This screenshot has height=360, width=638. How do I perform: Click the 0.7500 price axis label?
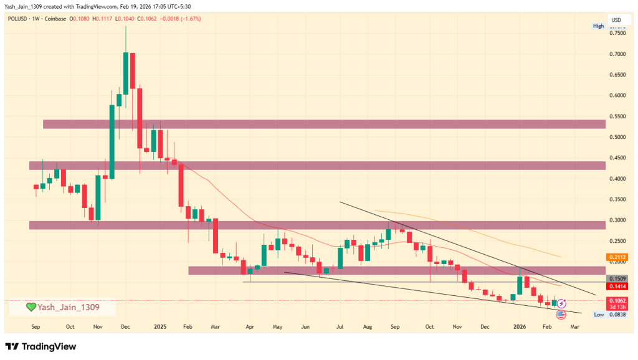(x=617, y=34)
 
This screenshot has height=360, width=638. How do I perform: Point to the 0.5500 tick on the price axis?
(x=617, y=116)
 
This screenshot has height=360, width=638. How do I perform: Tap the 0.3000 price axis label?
(x=617, y=220)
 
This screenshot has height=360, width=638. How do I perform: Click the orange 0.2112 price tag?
(x=617, y=257)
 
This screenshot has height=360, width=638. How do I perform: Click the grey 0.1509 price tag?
(x=617, y=278)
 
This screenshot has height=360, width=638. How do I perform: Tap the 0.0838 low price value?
(x=617, y=315)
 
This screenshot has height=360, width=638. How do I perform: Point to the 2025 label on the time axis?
(x=160, y=326)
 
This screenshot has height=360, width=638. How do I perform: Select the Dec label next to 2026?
(x=484, y=326)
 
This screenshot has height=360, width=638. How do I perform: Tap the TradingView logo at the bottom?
(x=40, y=346)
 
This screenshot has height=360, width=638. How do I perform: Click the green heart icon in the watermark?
(x=31, y=307)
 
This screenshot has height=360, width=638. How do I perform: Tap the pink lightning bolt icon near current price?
(x=560, y=303)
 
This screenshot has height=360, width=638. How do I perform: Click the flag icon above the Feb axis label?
(x=560, y=315)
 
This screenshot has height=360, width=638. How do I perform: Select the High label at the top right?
(x=599, y=26)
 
